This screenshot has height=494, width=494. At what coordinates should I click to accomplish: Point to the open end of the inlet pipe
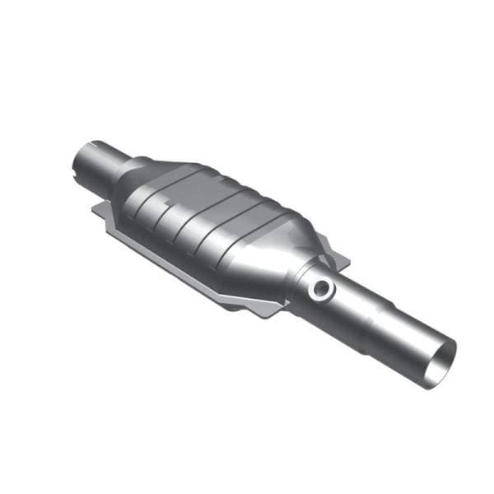(x=79, y=162)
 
